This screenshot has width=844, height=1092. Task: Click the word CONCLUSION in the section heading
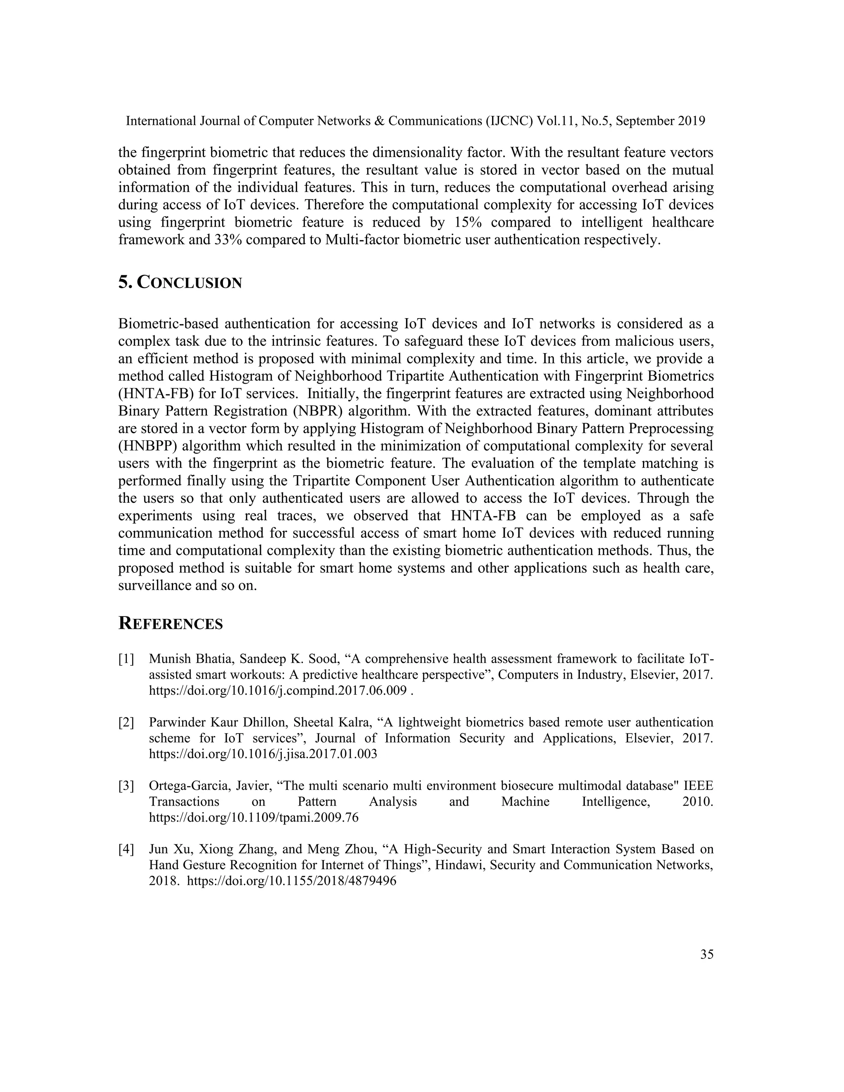point(190,283)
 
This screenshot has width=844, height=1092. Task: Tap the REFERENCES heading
point(171,624)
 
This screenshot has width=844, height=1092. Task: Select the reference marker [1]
point(127,659)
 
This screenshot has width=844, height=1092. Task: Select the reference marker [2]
point(127,722)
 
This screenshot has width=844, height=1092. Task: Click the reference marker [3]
point(127,786)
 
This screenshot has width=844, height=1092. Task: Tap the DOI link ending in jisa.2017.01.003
point(263,755)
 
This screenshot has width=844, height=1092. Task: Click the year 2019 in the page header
point(692,121)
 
